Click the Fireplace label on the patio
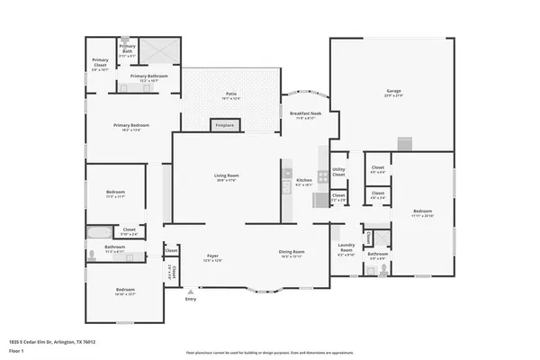227,125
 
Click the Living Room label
225,177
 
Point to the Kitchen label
304,182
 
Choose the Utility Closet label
338,170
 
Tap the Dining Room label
292,252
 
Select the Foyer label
213,256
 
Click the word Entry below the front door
190,300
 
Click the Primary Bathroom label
148,76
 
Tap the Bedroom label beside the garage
422,212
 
